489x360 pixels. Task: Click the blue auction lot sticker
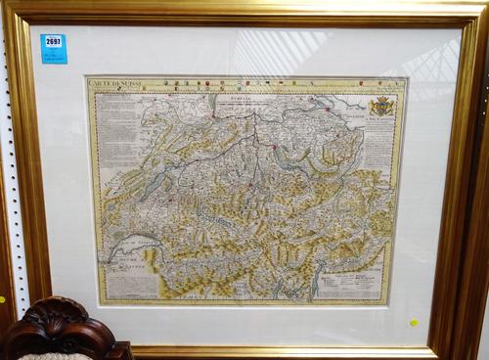(x=53, y=48)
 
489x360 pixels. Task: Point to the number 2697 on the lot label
(x=53, y=42)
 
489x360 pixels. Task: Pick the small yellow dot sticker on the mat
(x=413, y=322)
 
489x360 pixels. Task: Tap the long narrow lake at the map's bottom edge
(x=314, y=283)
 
